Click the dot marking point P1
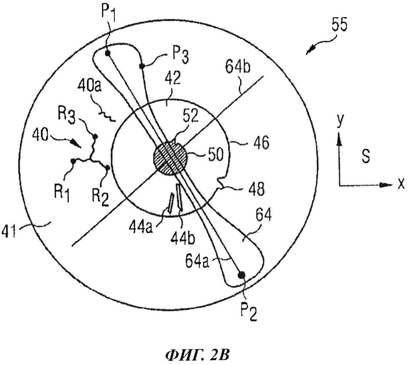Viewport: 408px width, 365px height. tap(108, 53)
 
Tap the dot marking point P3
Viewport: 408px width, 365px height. tap(142, 66)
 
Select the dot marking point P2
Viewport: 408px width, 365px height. tap(242, 275)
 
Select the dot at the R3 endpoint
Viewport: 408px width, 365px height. tap(95, 137)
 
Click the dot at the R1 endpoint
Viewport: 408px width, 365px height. tap(73, 161)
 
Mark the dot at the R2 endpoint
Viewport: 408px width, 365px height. tap(107, 167)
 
